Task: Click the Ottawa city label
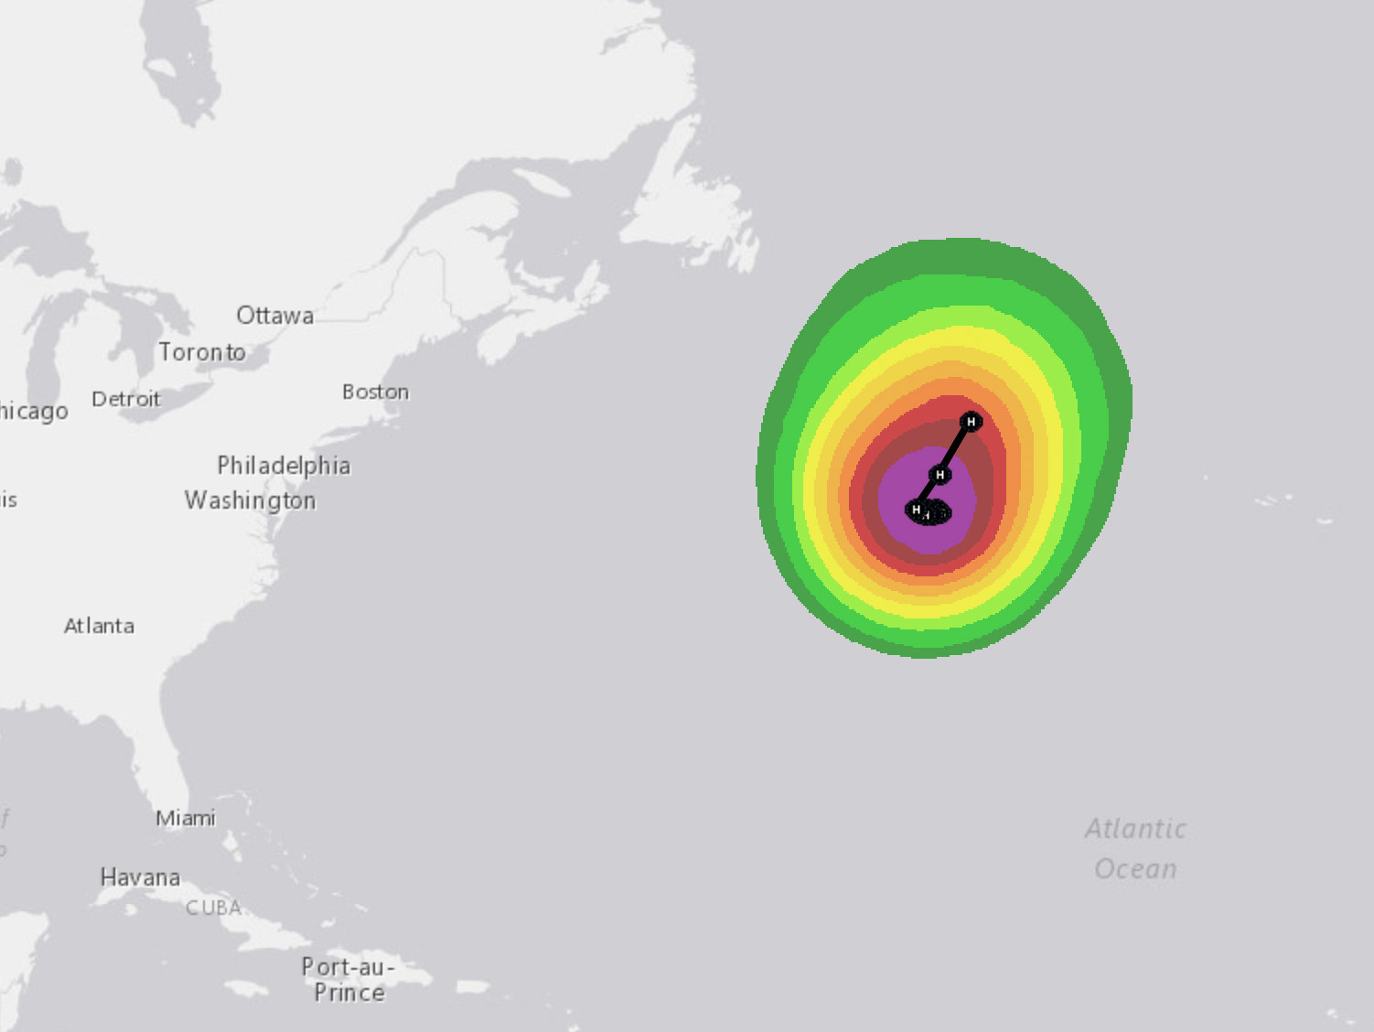coord(274,316)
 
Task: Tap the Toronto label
coord(202,352)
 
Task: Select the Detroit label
coord(126,399)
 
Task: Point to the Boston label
coord(375,392)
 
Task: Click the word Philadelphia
coord(284,466)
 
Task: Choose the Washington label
coord(250,500)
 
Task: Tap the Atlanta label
coord(99,626)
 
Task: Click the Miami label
coord(186,818)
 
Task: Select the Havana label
coord(140,877)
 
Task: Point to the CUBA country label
coord(213,908)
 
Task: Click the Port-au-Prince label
coord(349,979)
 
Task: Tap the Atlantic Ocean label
coord(1135,848)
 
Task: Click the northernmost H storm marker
coord(971,422)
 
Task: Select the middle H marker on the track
coord(939,475)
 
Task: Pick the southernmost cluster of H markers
coord(928,511)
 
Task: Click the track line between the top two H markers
coord(955,448)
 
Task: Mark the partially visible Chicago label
coord(33,411)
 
